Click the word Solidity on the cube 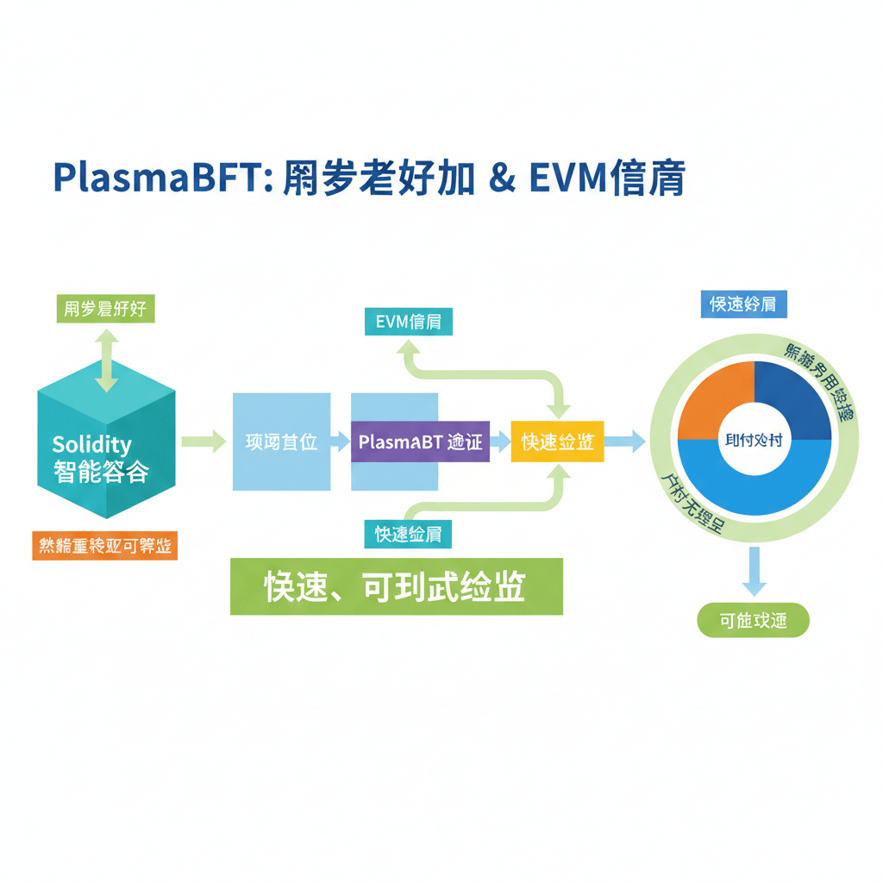[x=91, y=445]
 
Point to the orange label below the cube [x=104, y=546]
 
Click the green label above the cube [x=105, y=309]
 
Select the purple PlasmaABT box [x=420, y=442]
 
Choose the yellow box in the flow [x=557, y=441]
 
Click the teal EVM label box [x=408, y=323]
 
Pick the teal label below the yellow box [x=408, y=534]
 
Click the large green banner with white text [x=396, y=586]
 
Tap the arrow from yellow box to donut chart [x=625, y=442]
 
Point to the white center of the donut [x=755, y=441]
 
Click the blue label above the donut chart [x=743, y=304]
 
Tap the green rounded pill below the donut [x=753, y=620]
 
